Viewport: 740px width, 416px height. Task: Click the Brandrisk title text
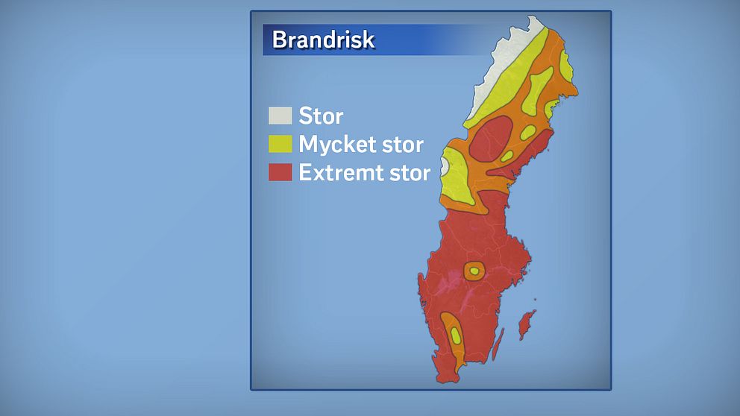pyautogui.click(x=323, y=40)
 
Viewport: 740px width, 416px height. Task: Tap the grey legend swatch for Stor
pyautogui.click(x=280, y=116)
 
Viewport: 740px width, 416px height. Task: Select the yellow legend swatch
pyautogui.click(x=280, y=144)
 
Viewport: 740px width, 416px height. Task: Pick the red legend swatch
pyautogui.click(x=280, y=172)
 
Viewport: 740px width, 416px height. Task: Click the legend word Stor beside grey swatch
pyautogui.click(x=321, y=116)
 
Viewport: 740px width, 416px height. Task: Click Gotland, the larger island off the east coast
pyautogui.click(x=526, y=324)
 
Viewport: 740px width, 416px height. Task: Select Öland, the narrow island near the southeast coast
pyautogui.click(x=498, y=344)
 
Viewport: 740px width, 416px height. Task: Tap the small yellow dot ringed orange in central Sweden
pyautogui.click(x=474, y=271)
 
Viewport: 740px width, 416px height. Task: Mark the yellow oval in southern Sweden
pyautogui.click(x=456, y=335)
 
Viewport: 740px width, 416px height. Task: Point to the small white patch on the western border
pyautogui.click(x=444, y=166)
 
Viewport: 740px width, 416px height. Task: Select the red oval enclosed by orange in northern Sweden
pyautogui.click(x=492, y=139)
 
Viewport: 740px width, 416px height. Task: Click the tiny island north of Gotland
pyautogui.click(x=536, y=299)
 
